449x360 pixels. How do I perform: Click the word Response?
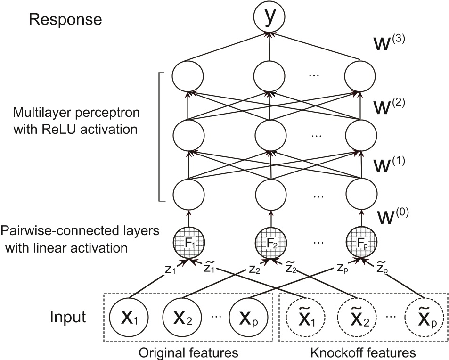coord(65,20)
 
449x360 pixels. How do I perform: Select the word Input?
coord(68,317)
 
